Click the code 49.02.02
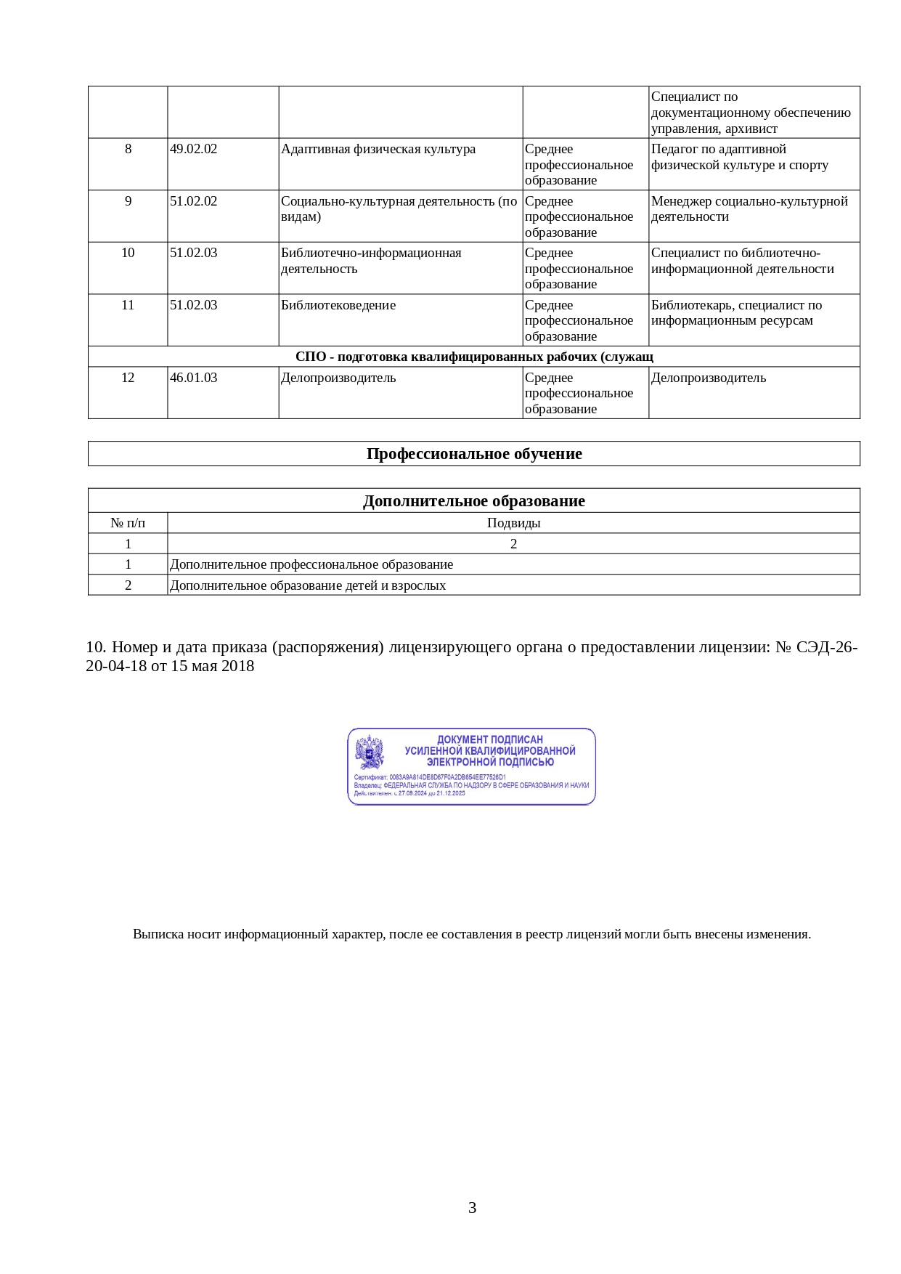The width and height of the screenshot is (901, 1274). (193, 149)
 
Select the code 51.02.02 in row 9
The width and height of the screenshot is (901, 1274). (193, 201)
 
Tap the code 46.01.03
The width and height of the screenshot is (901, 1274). (193, 378)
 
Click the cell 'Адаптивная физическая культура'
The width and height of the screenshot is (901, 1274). (378, 149)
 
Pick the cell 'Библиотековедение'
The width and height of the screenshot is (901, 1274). (338, 305)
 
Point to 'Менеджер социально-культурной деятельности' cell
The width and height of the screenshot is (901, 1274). (749, 208)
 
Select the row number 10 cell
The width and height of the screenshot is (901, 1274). (128, 253)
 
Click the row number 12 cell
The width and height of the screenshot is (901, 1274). (128, 378)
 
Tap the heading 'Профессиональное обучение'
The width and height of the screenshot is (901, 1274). (474, 454)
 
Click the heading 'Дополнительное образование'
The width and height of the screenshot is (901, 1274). (474, 501)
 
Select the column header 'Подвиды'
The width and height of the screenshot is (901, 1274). (513, 523)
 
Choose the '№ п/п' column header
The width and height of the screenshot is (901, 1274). (128, 523)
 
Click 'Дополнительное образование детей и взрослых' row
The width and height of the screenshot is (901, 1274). (308, 585)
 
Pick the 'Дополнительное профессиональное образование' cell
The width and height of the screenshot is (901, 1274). (311, 564)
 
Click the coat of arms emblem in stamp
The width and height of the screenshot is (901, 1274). (370, 752)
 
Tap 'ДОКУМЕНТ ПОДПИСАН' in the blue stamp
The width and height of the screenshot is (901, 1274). (490, 739)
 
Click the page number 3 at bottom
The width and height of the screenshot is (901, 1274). (472, 1208)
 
